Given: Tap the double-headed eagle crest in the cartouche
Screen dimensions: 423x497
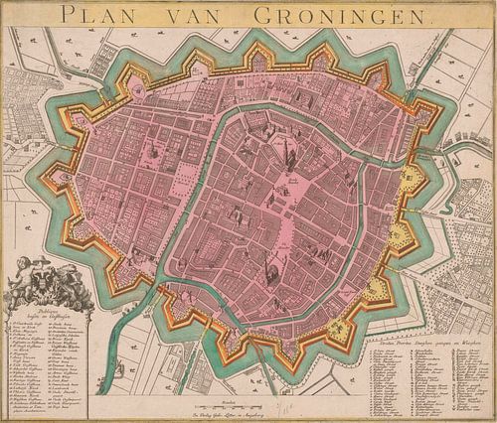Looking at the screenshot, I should coord(40,290).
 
